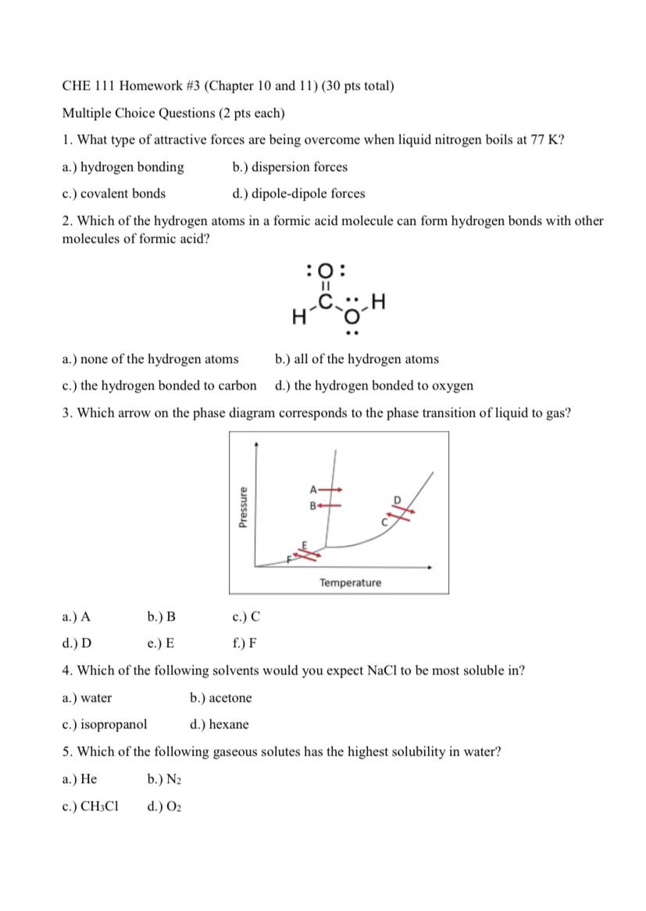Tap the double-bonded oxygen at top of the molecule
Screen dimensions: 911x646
coord(328,272)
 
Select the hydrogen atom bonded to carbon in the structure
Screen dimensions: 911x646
coord(297,316)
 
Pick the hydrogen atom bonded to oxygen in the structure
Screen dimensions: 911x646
coord(380,301)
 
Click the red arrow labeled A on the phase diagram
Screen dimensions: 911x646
coord(334,489)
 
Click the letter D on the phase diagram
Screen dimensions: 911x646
coord(396,499)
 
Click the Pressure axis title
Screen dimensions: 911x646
coord(243,507)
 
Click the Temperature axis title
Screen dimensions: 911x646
coord(350,583)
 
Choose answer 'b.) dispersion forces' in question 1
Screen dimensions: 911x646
coord(290,167)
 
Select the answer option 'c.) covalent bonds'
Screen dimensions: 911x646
coord(113,194)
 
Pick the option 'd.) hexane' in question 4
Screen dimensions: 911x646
coord(219,724)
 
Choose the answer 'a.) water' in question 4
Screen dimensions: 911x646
coord(87,698)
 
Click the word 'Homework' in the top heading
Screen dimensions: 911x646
coord(138,86)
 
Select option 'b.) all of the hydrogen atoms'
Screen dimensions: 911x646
coord(357,359)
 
